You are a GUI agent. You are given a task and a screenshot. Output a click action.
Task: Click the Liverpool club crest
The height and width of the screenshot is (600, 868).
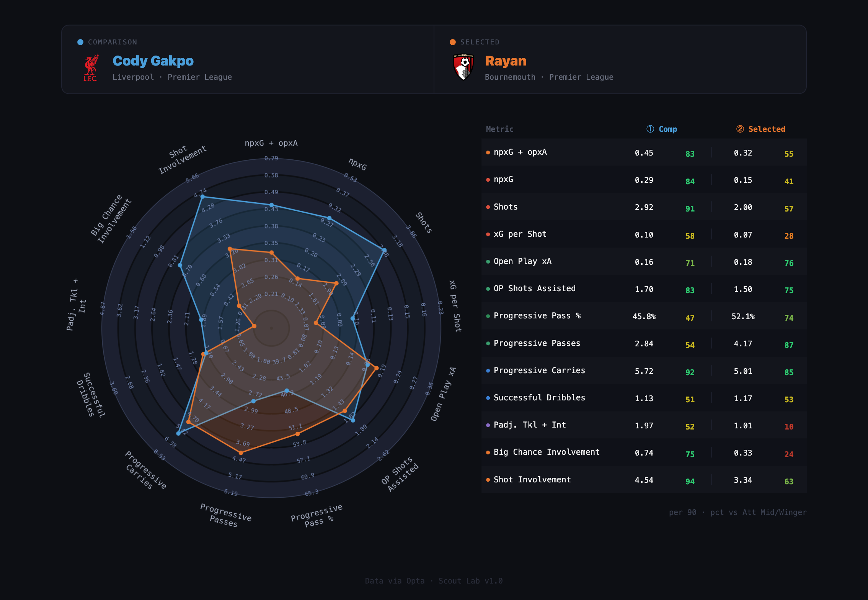(x=91, y=67)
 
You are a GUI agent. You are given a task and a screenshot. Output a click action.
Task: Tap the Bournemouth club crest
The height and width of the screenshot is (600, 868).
(x=463, y=67)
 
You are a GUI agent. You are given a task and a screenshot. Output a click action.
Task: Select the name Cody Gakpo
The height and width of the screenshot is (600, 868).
(x=153, y=61)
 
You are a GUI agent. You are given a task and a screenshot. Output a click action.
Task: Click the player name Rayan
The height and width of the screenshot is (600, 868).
(x=506, y=61)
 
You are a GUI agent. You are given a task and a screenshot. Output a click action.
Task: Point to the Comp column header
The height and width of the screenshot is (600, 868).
(x=662, y=129)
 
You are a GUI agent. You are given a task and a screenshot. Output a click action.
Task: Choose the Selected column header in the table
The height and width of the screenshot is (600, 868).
(x=761, y=129)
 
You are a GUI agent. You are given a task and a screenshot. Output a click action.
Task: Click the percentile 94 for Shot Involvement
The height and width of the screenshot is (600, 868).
(x=690, y=481)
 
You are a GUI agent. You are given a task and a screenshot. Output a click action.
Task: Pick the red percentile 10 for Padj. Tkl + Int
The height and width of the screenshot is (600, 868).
(x=789, y=426)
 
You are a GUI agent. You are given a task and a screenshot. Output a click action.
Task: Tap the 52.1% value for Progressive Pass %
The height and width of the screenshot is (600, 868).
(x=743, y=316)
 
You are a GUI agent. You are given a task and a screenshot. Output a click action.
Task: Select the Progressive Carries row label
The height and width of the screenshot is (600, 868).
(x=539, y=370)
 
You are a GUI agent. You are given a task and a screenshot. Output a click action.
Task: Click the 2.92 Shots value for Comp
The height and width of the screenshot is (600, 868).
(x=644, y=207)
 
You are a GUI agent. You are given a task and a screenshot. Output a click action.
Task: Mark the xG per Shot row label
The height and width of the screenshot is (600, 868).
(x=520, y=234)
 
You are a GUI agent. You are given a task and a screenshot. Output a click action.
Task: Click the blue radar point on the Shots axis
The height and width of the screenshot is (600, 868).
(x=384, y=250)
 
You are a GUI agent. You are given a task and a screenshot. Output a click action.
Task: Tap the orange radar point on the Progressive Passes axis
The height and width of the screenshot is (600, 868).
(x=241, y=453)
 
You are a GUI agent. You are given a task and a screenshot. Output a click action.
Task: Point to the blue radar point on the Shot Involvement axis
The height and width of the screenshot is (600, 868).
(x=203, y=197)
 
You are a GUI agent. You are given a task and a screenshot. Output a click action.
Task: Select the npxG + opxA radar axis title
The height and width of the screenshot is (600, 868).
(x=271, y=143)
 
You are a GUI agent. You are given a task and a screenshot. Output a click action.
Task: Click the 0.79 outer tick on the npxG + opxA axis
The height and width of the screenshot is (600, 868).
(x=271, y=158)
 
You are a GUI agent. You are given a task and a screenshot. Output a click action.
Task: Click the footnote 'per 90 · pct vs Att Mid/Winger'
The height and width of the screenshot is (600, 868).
(x=737, y=512)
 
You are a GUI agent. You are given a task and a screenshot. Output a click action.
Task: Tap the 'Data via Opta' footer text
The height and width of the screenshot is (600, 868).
(x=395, y=581)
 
